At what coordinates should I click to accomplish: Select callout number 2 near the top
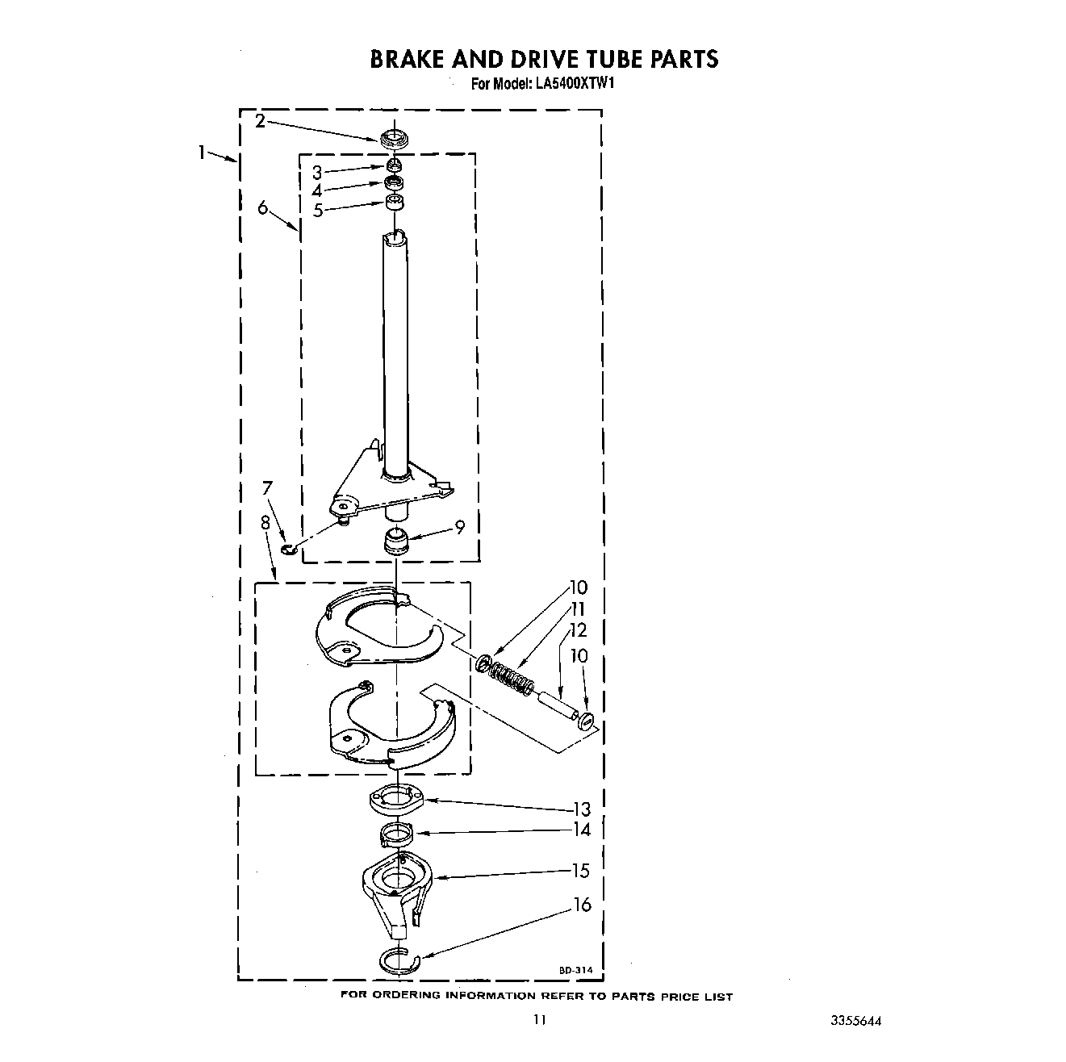tap(260, 122)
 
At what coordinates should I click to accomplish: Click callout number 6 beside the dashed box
tap(263, 208)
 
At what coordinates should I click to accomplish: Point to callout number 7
tap(267, 488)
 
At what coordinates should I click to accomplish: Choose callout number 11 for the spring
tap(578, 609)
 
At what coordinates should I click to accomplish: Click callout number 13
tap(581, 809)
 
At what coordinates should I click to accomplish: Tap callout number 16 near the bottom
tap(583, 905)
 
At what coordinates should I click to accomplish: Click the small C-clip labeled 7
tap(289, 550)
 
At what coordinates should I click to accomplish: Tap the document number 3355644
tap(856, 1020)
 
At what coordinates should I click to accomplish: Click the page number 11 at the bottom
tap(539, 1020)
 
